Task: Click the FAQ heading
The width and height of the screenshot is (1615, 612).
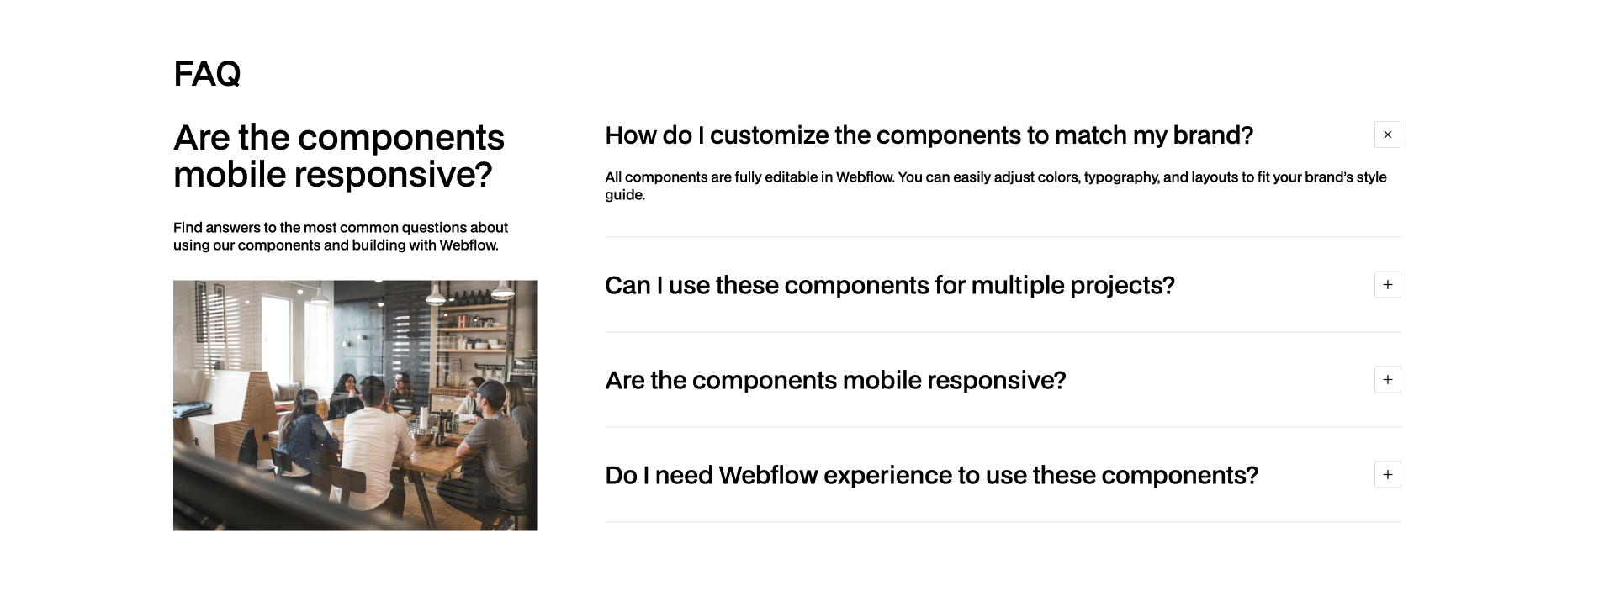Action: click(207, 74)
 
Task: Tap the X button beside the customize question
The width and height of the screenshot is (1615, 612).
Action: click(1387, 135)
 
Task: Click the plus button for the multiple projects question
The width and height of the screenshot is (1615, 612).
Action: click(1387, 285)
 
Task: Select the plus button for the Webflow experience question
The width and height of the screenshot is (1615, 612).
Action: click(1387, 475)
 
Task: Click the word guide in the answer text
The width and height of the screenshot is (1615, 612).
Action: click(624, 195)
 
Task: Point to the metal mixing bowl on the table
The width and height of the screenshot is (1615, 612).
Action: click(422, 436)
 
